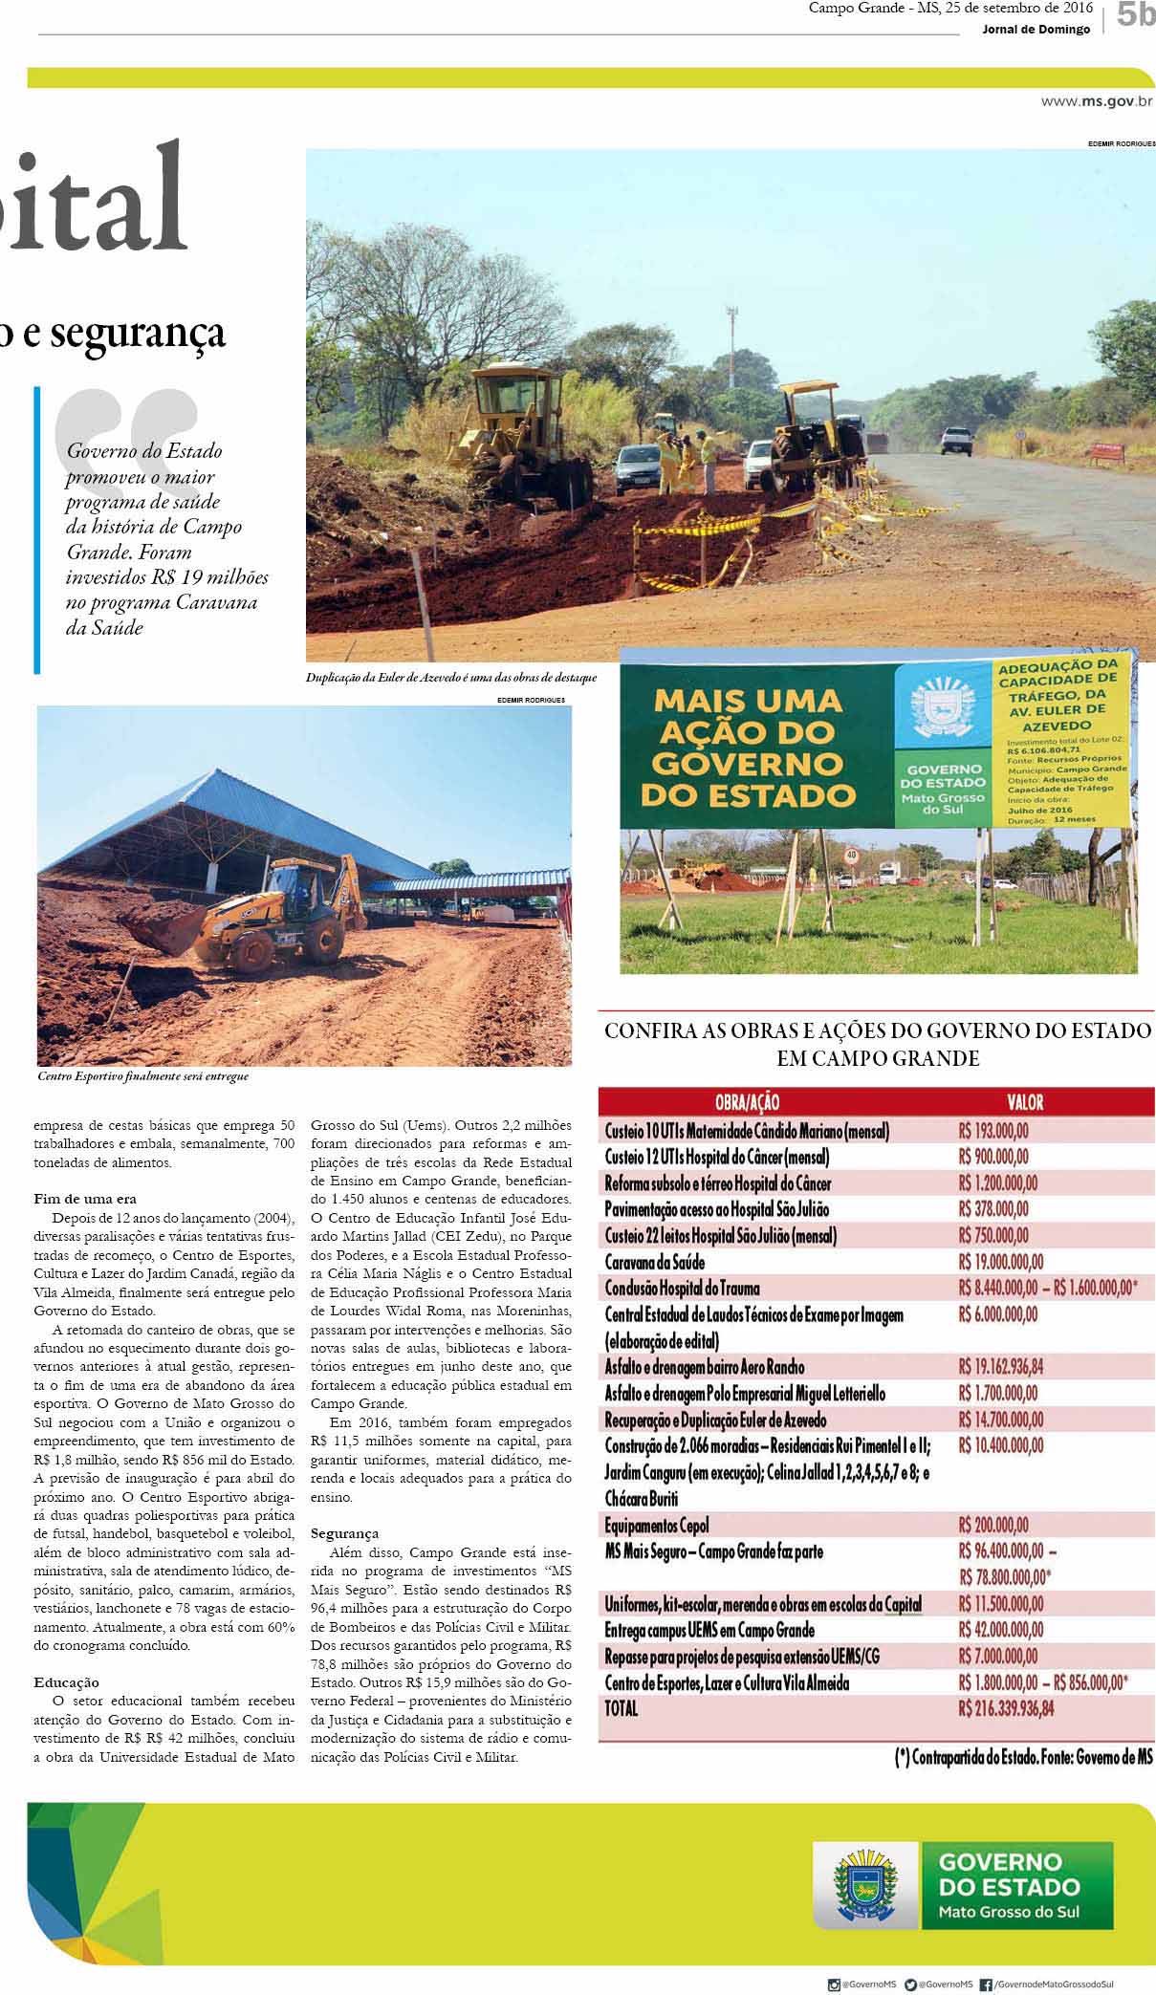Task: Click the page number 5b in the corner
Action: (x=1134, y=16)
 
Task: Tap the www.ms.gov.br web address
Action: (x=1097, y=99)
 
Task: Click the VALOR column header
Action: (x=1025, y=1102)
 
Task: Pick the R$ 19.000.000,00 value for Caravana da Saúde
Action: (x=1000, y=1262)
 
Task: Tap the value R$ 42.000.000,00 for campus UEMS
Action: (x=1001, y=1630)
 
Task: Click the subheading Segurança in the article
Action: (x=344, y=1533)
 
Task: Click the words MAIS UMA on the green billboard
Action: (x=747, y=702)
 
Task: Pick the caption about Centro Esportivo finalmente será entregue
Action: (x=143, y=1076)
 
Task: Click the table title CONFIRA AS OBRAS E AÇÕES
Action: (x=877, y=1044)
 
